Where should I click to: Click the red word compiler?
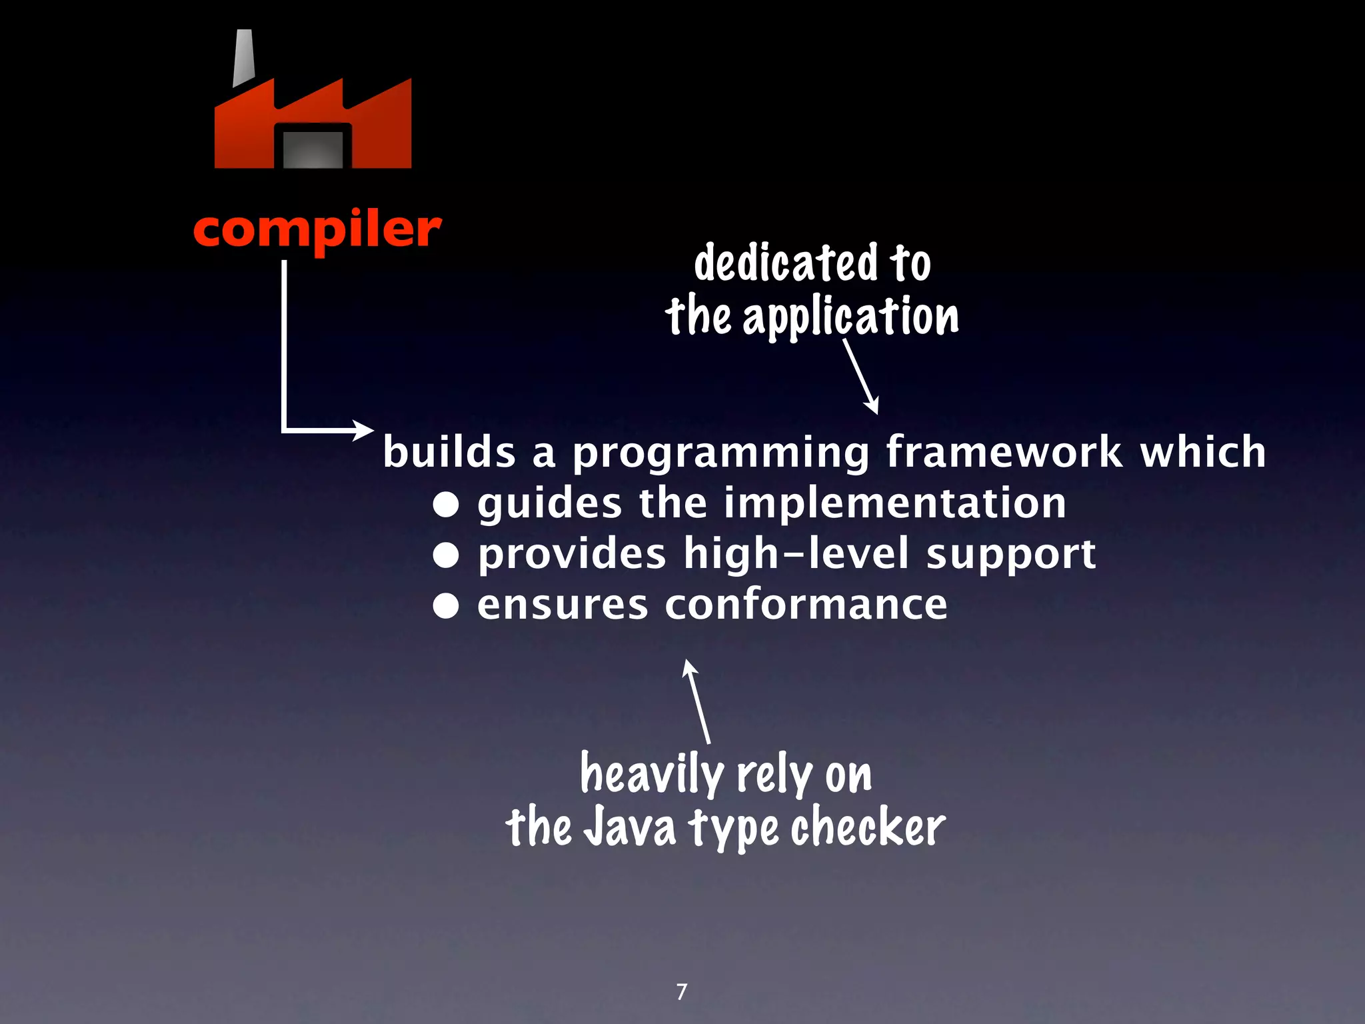point(317,230)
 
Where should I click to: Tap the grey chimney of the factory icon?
point(244,58)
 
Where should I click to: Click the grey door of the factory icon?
point(313,149)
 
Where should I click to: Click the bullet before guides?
point(446,505)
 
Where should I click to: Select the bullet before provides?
point(446,555)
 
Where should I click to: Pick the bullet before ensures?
point(446,606)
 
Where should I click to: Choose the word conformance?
point(806,605)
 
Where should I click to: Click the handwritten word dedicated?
point(786,263)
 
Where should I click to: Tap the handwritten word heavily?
point(651,775)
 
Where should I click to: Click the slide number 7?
point(681,992)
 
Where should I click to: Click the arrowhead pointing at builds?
point(365,430)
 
